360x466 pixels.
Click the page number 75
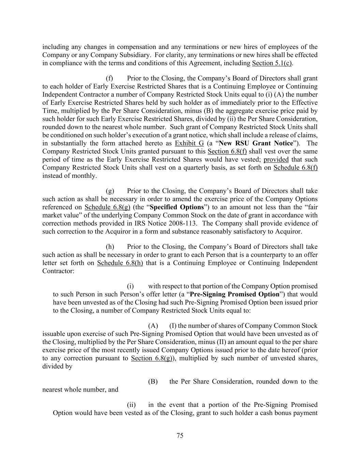click(180, 435)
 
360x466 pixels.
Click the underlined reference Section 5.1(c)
click(272, 63)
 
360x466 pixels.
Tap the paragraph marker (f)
click(110, 79)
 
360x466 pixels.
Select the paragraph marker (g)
click(110, 191)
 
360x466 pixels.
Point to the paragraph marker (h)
click(110, 247)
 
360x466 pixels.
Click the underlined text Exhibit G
click(189, 143)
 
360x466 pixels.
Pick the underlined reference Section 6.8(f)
click(227, 152)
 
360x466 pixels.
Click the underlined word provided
click(276, 159)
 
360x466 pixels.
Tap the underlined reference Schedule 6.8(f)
click(295, 168)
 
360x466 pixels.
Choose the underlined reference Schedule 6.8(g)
click(107, 207)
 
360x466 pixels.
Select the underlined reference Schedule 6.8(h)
click(120, 263)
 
